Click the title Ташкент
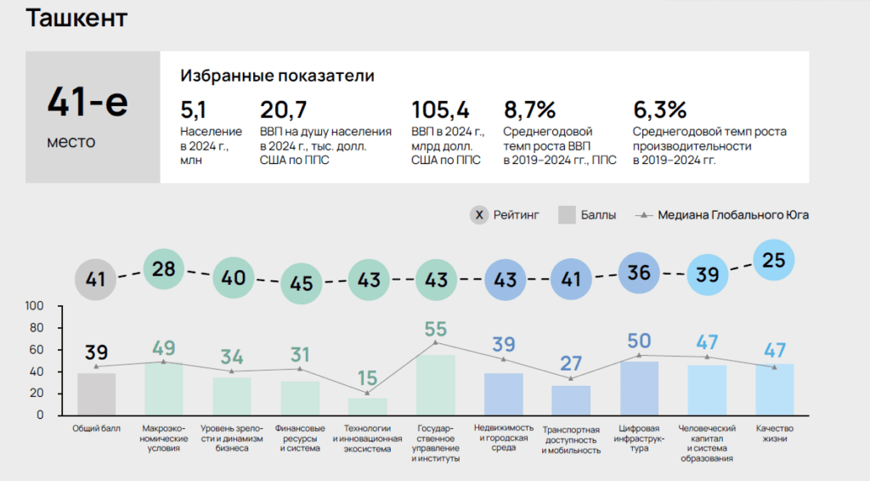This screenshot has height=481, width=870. pos(76,18)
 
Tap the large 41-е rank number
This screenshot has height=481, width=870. pos(88,102)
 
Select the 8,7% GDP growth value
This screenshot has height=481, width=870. pos(529,110)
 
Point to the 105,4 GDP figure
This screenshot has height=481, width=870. pos(440,110)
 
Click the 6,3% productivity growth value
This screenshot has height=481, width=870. pos(659,110)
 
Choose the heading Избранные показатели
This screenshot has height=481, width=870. pos(277,76)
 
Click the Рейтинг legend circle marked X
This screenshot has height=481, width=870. pos(479,215)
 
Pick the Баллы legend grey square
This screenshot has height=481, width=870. pos(568,215)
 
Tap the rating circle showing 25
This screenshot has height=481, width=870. pos(774,261)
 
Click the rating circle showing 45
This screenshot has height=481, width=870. pos(302,283)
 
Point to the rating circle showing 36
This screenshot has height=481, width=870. pos(640,273)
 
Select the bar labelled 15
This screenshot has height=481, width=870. pos(367,406)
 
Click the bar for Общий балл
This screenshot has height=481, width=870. pos(96,394)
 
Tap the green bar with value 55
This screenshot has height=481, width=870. pos(435,385)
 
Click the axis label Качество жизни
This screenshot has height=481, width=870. pos(774,433)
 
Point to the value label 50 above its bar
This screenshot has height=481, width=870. pos(639,340)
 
